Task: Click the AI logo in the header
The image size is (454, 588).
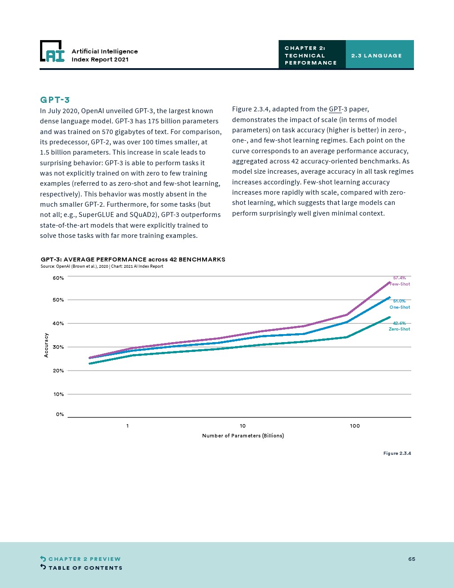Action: click(53, 51)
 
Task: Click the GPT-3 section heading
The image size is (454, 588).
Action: click(55, 100)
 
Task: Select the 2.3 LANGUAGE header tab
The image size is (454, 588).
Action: click(377, 56)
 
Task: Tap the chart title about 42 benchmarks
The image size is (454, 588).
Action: click(133, 259)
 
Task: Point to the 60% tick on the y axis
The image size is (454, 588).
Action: click(58, 278)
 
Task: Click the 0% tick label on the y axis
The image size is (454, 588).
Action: click(60, 414)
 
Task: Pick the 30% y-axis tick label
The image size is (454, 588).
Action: click(58, 347)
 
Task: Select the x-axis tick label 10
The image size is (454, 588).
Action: click(243, 426)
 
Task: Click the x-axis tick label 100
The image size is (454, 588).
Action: click(355, 426)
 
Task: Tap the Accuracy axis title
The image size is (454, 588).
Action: click(46, 345)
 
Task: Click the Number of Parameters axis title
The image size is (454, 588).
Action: click(243, 436)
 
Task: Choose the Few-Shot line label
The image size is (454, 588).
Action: click(400, 284)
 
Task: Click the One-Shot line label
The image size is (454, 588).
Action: click(400, 307)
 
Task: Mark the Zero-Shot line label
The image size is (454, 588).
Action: click(399, 329)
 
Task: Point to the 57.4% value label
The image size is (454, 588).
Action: click(399, 278)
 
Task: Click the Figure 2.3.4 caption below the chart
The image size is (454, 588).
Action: click(397, 453)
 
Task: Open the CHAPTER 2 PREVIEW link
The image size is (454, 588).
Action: click(84, 559)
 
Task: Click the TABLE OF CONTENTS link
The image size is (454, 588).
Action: click(85, 568)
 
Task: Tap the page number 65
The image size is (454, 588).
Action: click(412, 559)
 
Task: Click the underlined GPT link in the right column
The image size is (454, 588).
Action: click(335, 109)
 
